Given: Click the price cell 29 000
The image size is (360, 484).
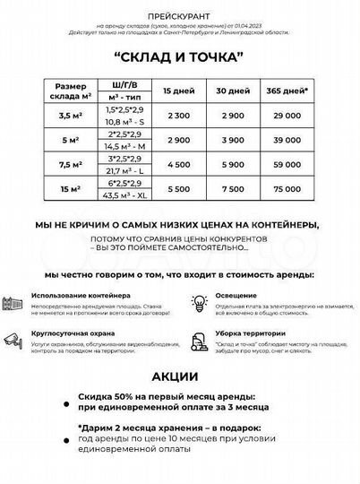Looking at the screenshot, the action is (x=287, y=117).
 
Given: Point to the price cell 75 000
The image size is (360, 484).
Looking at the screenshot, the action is (x=287, y=190).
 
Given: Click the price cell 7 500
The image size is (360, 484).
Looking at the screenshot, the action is (x=231, y=190).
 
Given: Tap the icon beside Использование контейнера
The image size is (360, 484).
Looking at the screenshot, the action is (x=13, y=303).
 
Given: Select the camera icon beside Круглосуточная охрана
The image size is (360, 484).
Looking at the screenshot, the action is (x=13, y=339).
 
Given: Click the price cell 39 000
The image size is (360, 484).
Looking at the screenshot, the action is (x=287, y=141).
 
